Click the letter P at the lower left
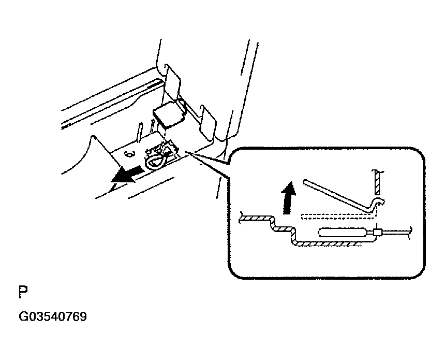22,293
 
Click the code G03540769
53,316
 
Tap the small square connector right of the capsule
377,234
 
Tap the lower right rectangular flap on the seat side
207,122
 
